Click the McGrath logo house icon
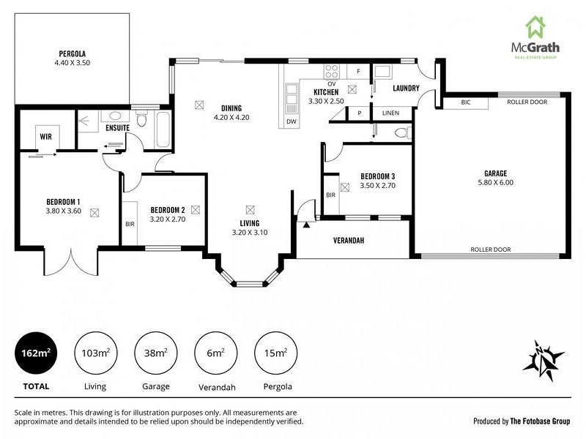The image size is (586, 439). click(535, 27)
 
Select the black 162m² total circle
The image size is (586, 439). click(36, 353)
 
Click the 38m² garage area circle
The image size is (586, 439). click(155, 353)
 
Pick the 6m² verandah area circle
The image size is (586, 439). click(215, 353)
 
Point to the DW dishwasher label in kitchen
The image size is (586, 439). click(292, 121)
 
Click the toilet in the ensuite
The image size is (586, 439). click(141, 118)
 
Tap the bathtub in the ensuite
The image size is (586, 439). click(163, 130)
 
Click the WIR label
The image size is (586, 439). click(46, 137)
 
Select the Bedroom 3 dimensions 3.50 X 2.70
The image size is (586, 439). click(377, 186)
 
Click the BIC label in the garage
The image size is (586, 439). click(466, 102)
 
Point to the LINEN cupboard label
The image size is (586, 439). click(390, 113)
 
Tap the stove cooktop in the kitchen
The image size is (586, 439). click(332, 72)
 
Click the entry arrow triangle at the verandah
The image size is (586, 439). click(306, 225)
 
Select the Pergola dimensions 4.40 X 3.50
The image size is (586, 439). click(72, 63)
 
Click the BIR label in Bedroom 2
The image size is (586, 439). click(130, 224)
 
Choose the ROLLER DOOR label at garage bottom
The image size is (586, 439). click(490, 249)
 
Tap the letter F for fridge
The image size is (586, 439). click(358, 71)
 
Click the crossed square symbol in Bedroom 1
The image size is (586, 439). click(94, 213)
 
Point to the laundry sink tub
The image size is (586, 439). click(382, 71)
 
